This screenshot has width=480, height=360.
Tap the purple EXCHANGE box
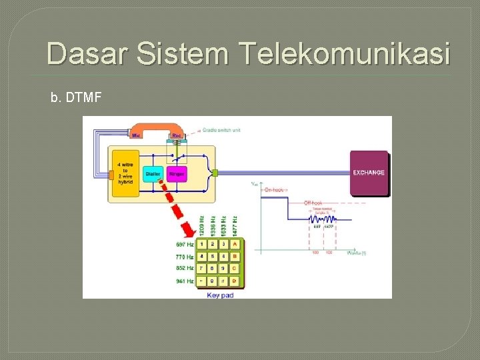click(369, 173)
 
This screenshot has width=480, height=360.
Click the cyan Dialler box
click(152, 173)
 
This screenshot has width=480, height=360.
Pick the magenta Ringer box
click(176, 173)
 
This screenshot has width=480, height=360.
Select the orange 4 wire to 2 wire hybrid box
click(125, 171)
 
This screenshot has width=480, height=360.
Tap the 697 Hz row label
click(185, 244)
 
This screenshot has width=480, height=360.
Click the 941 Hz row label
click(185, 281)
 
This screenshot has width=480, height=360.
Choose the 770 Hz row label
click(185, 257)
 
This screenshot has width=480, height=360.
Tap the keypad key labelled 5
click(212, 256)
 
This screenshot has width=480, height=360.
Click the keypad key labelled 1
click(201, 244)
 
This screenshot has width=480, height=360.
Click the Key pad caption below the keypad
click(220, 295)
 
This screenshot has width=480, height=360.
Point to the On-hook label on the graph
click(274, 190)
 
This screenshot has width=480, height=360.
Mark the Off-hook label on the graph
click(314, 203)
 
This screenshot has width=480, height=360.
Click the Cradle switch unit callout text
click(223, 130)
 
